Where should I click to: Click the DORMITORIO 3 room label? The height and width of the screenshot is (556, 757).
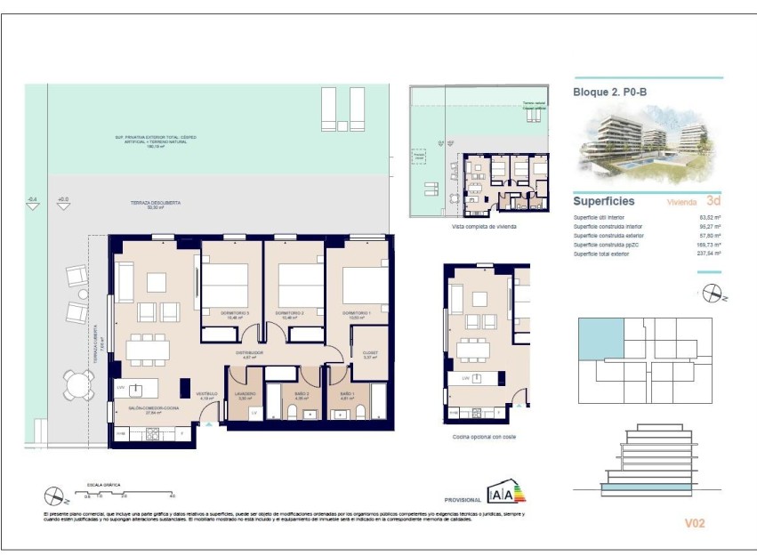(230, 313)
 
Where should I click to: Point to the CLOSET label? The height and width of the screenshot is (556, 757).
(371, 352)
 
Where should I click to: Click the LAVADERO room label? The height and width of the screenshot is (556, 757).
(246, 393)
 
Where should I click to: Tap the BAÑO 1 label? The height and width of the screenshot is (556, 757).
(347, 393)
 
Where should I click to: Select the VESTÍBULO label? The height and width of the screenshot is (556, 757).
(206, 393)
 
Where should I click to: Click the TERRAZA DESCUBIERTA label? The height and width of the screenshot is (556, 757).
(156, 203)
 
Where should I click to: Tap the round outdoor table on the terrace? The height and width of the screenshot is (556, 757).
(77, 383)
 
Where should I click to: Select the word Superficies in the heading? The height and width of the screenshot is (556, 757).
(604, 201)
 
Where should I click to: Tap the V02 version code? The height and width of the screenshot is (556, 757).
(694, 523)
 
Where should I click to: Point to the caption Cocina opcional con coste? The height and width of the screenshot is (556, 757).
(484, 437)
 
